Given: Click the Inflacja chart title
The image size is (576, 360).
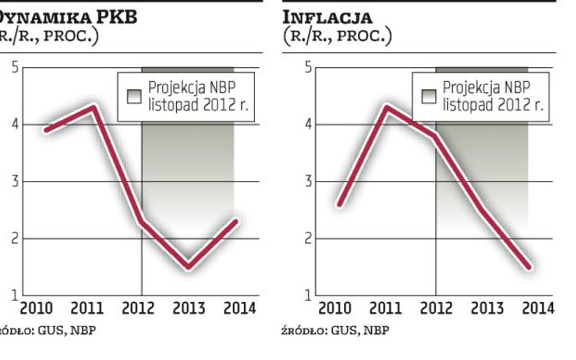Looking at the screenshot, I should (328, 16).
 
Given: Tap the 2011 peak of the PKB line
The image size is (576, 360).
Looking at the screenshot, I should (94, 107).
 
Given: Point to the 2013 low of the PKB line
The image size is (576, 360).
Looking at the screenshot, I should (189, 267).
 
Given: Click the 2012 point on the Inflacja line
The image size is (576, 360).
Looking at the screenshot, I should (435, 136).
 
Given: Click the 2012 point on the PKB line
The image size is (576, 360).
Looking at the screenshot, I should (142, 222).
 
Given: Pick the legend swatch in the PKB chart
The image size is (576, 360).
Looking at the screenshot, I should (134, 97).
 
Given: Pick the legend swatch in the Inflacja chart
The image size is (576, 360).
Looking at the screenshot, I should (428, 97).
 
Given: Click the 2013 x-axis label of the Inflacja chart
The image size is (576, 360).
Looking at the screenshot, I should (487, 308).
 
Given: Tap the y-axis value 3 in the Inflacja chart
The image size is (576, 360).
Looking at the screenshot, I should (308, 182).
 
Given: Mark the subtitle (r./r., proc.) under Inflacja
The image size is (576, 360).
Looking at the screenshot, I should (337, 36).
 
